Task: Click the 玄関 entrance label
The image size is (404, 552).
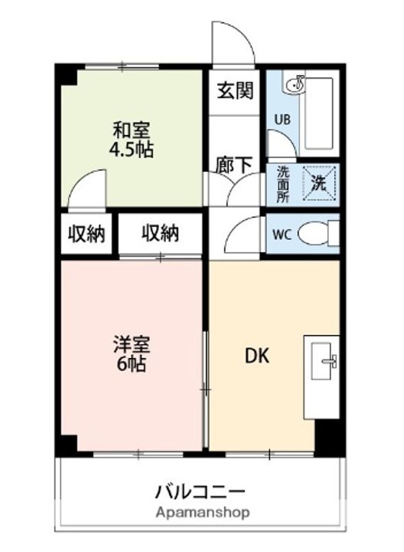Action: coord(234,91)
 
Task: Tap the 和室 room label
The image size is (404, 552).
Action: coord(132,130)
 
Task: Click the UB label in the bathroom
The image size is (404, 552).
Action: coord(283,120)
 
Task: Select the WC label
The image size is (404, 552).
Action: coord(282,235)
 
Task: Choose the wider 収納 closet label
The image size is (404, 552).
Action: coord(160,233)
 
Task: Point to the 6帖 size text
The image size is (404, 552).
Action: coord(127,364)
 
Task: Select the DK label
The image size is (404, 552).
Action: coord(256,356)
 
